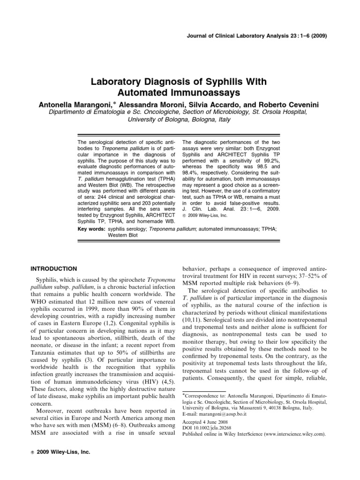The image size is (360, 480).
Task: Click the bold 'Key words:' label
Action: click(90, 230)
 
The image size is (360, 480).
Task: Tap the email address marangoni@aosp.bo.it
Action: click(225, 414)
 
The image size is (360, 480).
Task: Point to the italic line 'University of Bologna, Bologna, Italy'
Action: click(180, 120)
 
